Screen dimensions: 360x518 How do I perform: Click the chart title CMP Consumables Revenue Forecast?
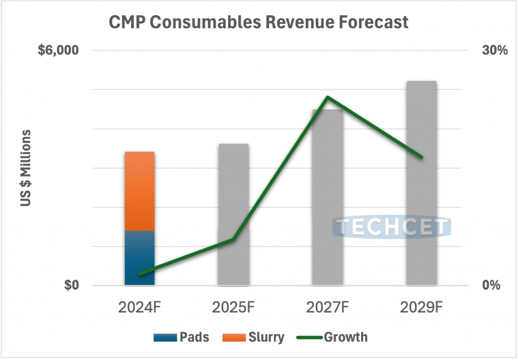pos(258,23)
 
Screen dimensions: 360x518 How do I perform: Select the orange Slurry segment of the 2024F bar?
pos(140,191)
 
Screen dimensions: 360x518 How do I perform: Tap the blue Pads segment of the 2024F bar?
pos(140,258)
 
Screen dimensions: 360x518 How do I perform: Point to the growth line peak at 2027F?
pos(328,97)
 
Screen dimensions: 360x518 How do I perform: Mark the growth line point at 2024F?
pos(140,274)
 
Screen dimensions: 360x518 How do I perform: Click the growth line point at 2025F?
pos(233,239)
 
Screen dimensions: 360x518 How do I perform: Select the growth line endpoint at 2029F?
pos(421,157)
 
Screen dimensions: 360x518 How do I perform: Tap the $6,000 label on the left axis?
pos(59,51)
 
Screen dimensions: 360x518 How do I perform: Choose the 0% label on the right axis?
pos(489,286)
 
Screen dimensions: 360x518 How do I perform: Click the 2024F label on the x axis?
pos(140,307)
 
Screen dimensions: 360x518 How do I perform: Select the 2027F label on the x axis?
pos(328,307)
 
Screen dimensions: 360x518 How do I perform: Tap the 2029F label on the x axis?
pos(421,307)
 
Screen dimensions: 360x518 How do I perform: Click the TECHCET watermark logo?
pos(392,227)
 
